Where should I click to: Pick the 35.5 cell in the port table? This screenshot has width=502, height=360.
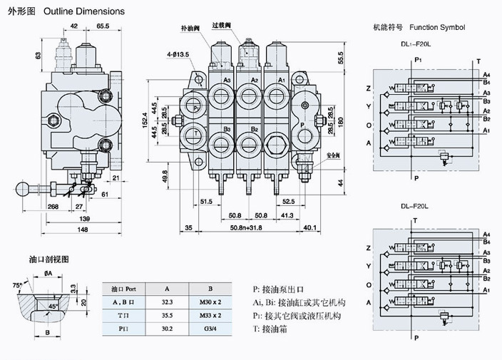pos(167,315)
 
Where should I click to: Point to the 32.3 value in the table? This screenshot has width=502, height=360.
pos(167,302)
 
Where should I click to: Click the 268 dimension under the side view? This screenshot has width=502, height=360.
pos(53,206)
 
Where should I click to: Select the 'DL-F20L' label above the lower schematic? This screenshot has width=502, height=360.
pos(414,207)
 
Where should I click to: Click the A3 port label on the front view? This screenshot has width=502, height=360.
pos(227,80)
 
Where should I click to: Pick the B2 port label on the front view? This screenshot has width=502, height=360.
pos(254,129)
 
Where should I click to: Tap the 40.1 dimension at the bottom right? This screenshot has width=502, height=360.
pos(309,228)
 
